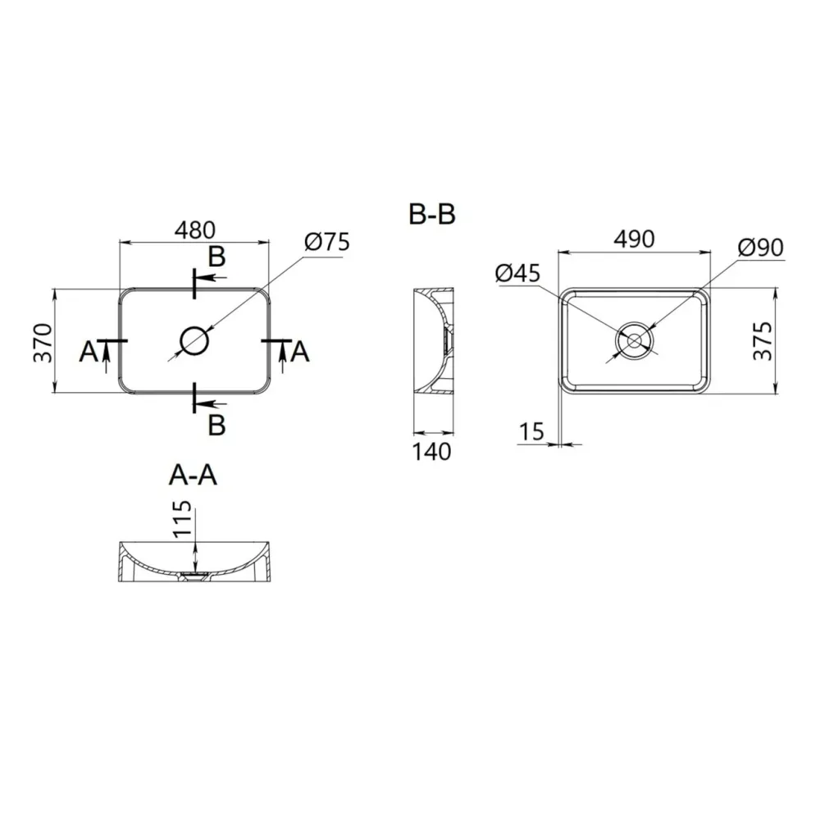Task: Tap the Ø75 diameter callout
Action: (326, 242)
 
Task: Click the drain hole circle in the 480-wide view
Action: (194, 339)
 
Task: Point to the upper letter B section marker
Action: (216, 257)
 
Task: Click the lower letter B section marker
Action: (216, 424)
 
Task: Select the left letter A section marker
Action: (88, 353)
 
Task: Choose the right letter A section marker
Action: (300, 352)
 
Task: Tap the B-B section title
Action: (432, 215)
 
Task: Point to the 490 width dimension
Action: (634, 239)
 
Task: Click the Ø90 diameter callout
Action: (759, 247)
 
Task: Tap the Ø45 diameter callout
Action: (518, 273)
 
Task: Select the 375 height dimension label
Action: (762, 342)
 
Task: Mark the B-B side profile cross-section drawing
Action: (432, 340)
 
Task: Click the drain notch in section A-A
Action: (194, 575)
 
